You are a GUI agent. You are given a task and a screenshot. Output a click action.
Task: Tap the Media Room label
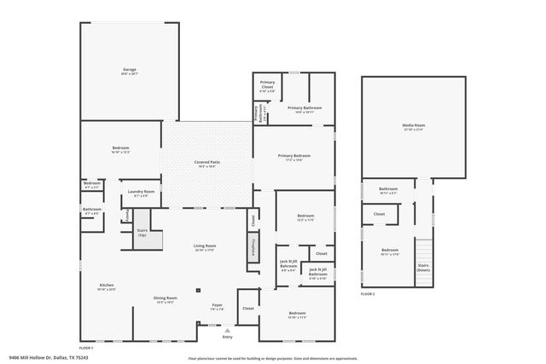point(414,127)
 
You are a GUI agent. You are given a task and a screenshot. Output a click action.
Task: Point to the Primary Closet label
point(266,88)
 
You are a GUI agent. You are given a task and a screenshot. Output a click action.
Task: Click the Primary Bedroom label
point(293,157)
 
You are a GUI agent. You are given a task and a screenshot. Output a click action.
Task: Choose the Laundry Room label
point(142,194)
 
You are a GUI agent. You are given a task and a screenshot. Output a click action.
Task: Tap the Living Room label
point(205,247)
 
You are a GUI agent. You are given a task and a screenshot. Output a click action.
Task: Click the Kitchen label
point(107,286)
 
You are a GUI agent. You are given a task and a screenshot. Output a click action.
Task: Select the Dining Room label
point(165,299)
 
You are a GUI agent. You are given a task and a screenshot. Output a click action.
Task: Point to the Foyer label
point(218,306)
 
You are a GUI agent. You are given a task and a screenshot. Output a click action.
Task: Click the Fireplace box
point(253,247)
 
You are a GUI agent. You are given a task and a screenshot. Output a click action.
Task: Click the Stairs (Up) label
point(142,232)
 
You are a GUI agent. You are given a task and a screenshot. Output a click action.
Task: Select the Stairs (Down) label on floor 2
point(422,267)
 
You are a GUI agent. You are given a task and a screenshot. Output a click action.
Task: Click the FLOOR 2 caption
point(368,293)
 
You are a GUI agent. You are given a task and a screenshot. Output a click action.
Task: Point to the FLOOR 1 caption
point(86,348)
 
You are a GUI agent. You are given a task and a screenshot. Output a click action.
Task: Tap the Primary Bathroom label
point(304,108)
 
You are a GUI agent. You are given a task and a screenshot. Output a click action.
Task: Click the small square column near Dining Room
point(199,289)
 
